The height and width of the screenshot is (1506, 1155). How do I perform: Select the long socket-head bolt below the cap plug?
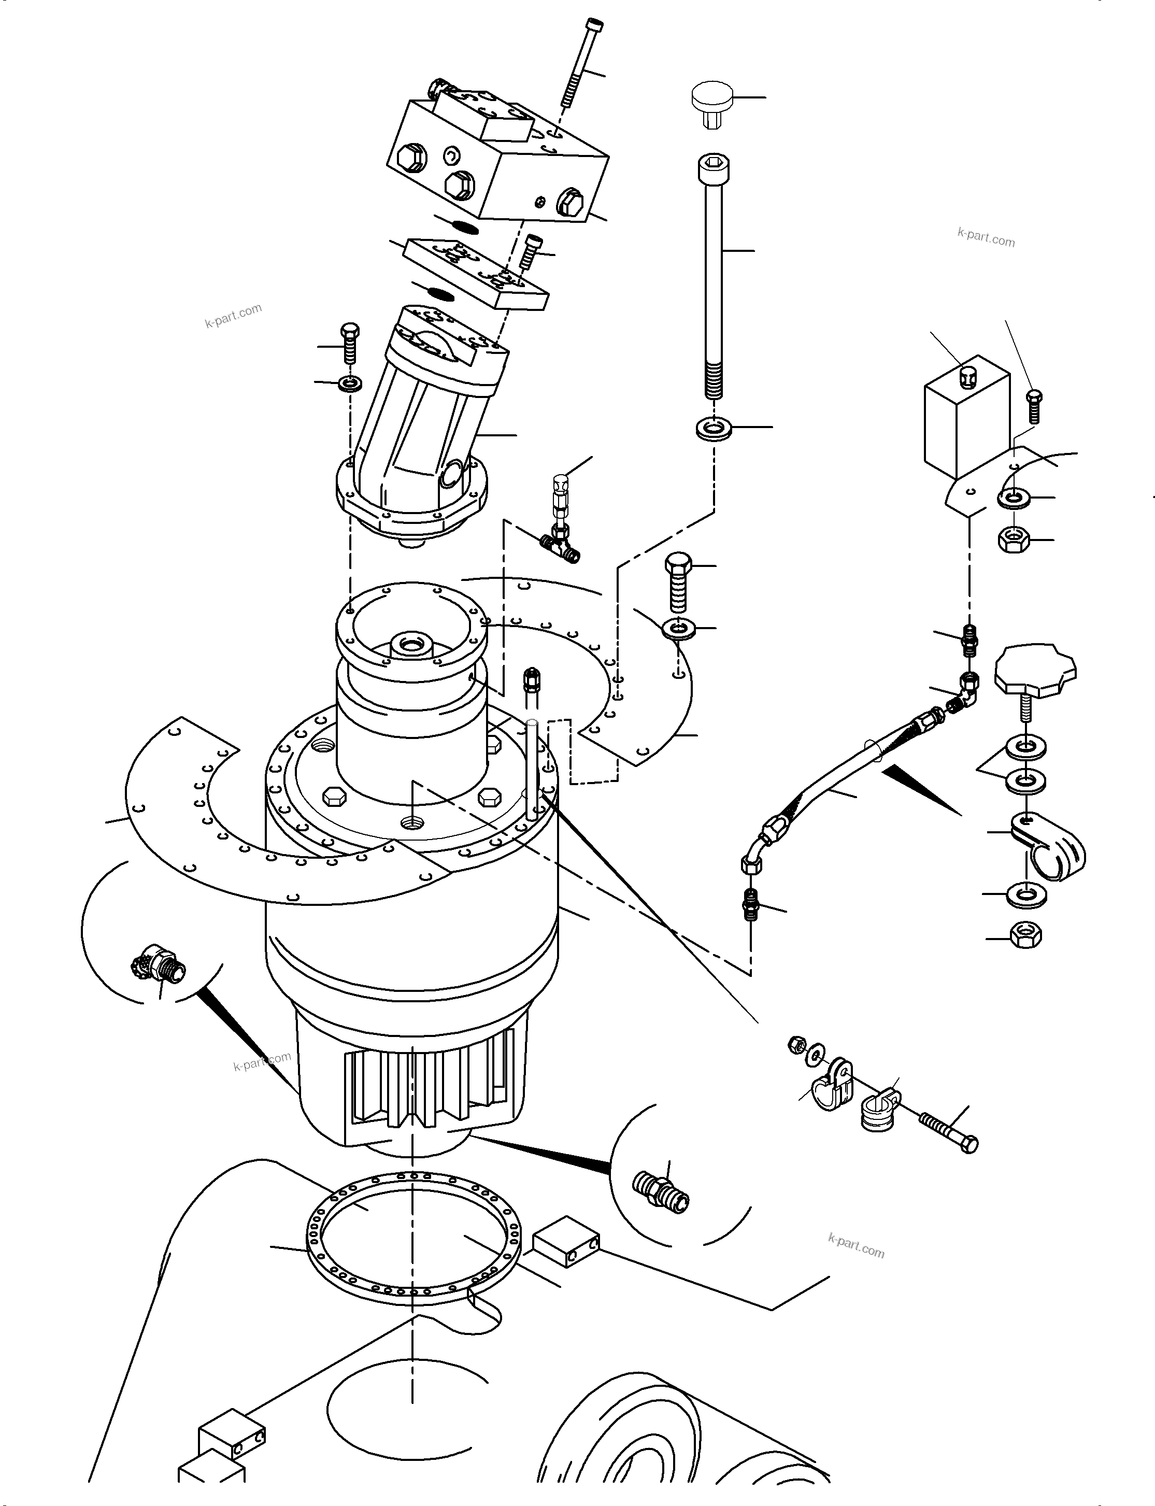[x=714, y=275]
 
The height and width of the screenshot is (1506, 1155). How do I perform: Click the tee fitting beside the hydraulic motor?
[x=562, y=545]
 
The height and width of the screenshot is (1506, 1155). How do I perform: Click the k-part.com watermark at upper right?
[x=986, y=237]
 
